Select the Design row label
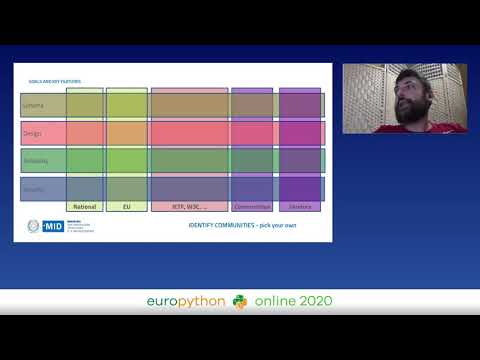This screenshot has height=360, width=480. (x=31, y=133)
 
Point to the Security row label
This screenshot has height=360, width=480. (x=32, y=188)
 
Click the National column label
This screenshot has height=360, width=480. (x=85, y=207)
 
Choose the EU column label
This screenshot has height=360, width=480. (x=127, y=207)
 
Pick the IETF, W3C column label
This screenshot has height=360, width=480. (x=189, y=207)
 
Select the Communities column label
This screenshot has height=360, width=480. (x=251, y=207)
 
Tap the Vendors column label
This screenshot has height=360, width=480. (x=300, y=207)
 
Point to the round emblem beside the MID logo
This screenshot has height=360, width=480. (x=32, y=226)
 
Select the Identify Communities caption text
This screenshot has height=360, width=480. (x=242, y=225)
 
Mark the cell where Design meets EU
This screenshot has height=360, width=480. (x=127, y=133)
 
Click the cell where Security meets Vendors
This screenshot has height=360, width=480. (x=300, y=188)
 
